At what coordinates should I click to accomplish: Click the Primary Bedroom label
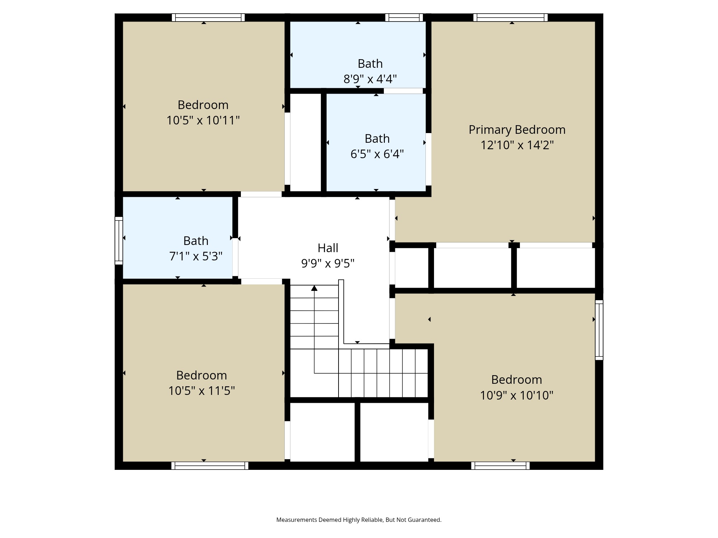coord(517,130)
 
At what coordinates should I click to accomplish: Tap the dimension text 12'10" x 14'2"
coord(517,145)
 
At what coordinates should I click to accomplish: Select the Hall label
coord(328,248)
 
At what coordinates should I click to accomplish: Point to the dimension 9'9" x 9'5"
coord(328,264)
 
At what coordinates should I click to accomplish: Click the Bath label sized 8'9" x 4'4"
coord(370,64)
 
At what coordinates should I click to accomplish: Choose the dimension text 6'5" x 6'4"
coord(377,154)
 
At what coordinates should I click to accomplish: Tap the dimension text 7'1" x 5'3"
coord(196,256)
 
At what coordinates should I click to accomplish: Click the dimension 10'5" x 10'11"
coord(203,121)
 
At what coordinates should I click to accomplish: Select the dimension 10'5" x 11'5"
coord(201,391)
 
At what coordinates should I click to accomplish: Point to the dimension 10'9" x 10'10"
coord(517,396)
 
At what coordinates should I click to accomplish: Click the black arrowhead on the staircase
coord(314,288)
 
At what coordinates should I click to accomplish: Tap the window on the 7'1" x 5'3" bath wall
coord(119,240)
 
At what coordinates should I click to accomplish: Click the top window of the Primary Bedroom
coord(510,18)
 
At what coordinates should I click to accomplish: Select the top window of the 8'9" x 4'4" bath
coord(404,18)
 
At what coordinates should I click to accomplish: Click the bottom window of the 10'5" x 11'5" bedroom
coord(210,466)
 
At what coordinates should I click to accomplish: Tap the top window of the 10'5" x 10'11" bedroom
coord(208,18)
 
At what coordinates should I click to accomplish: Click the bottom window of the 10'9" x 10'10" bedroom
coord(500,466)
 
